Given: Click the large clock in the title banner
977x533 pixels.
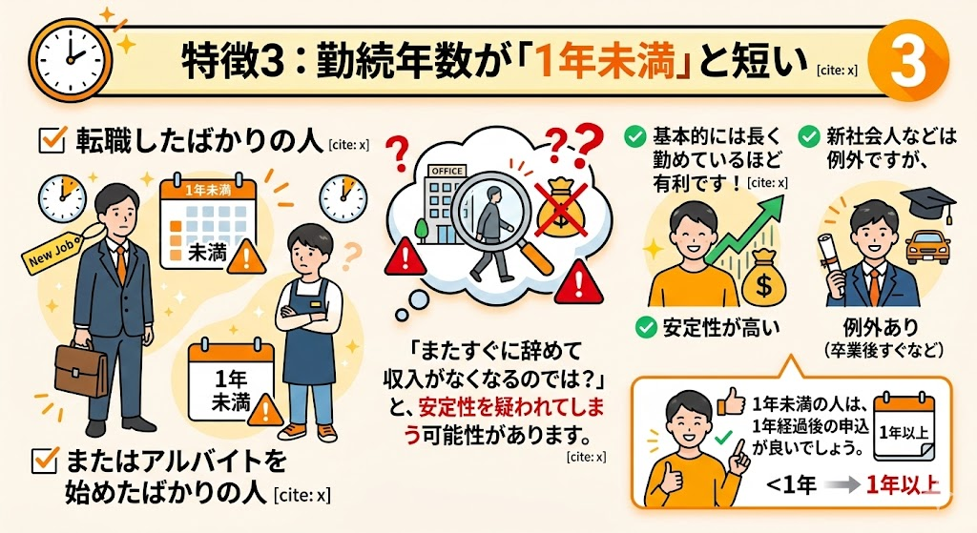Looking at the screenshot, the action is point(70,59).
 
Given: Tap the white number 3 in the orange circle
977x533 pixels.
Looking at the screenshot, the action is point(908,61).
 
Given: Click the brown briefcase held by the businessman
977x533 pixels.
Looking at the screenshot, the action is point(81,370).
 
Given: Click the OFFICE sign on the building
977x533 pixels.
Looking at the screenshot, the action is point(447,171).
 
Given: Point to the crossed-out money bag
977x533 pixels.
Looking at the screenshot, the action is point(562,208).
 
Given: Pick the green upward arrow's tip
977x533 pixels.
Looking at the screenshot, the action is point(781,195).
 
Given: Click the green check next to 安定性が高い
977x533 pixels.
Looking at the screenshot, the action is point(646,327).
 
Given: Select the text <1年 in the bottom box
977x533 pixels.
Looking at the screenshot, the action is point(791,484).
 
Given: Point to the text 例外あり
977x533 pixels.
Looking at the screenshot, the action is point(881,327).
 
